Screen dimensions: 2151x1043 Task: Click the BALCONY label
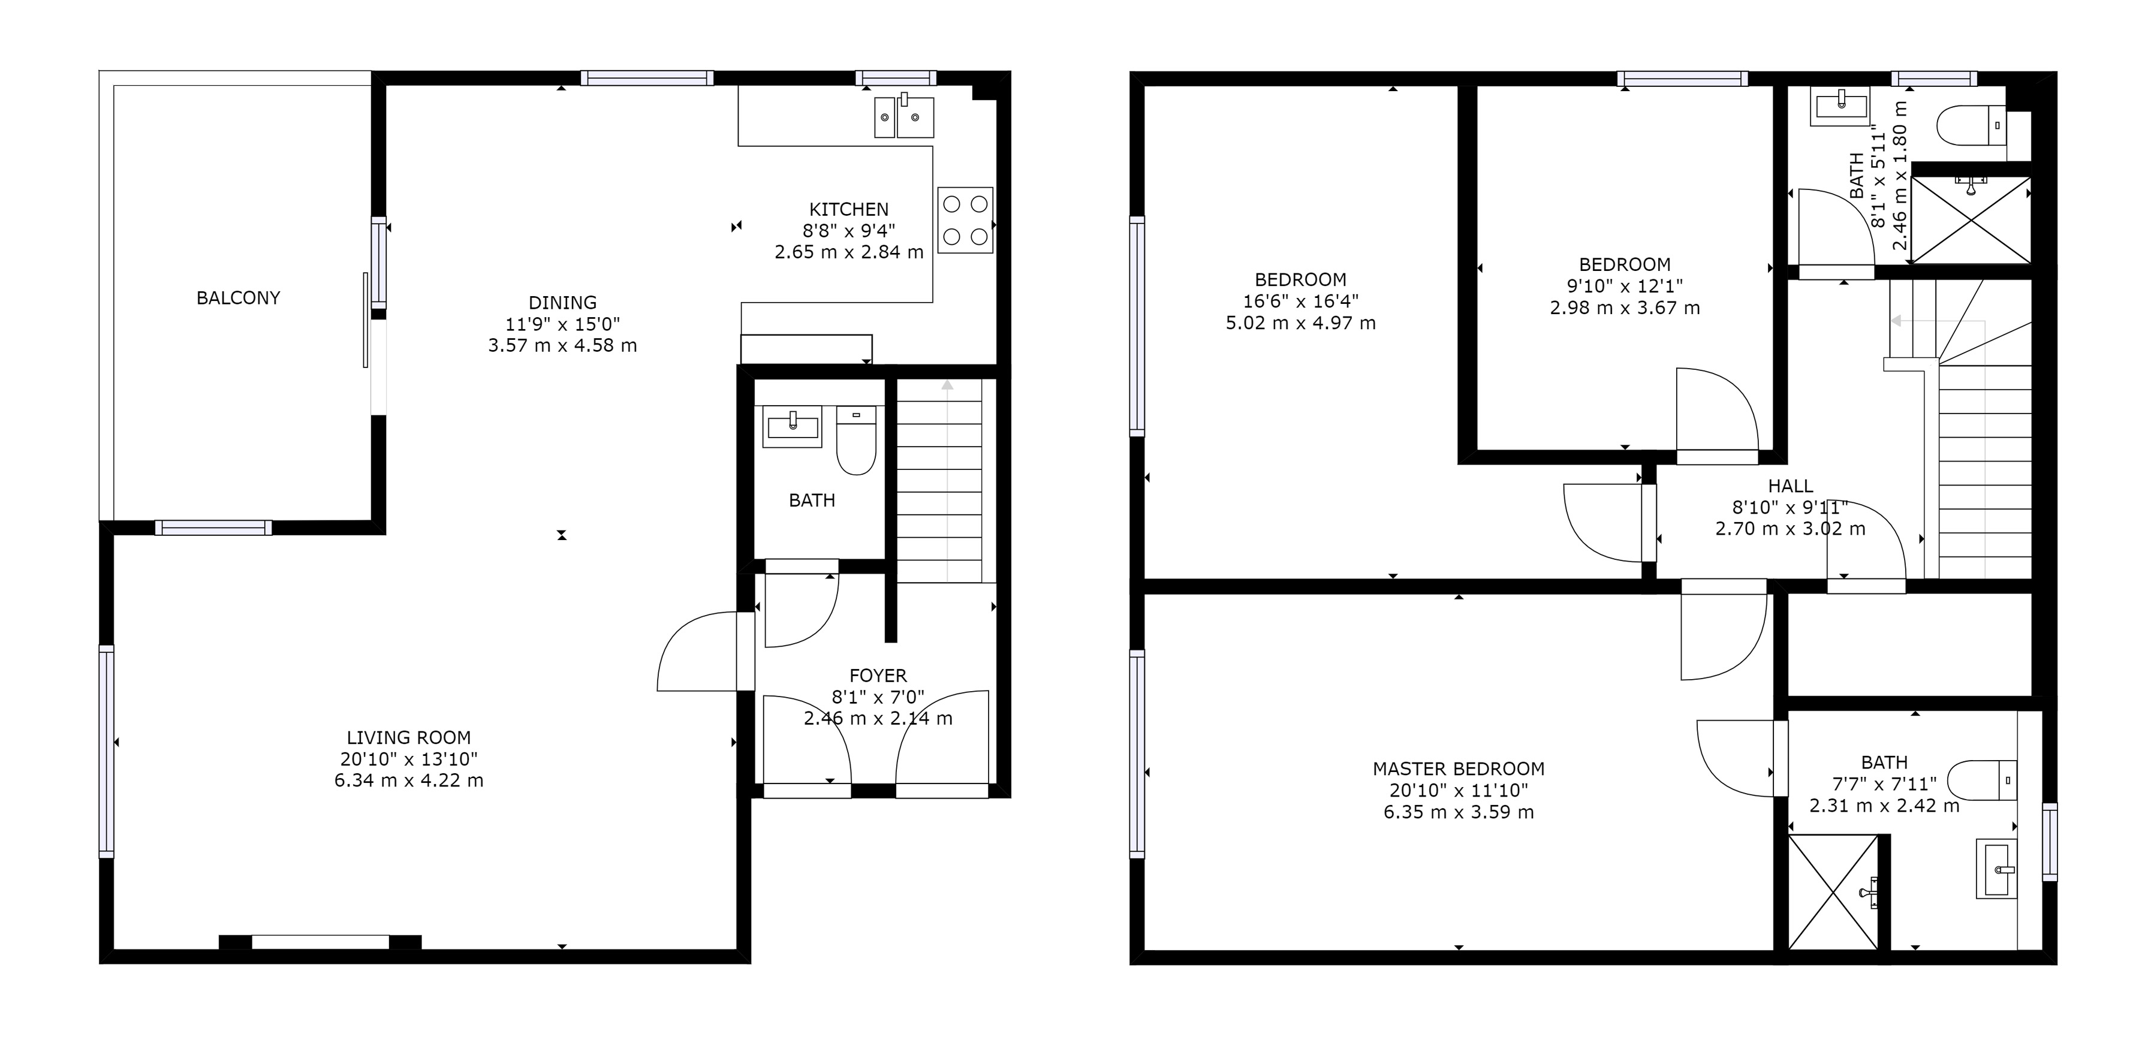click(x=238, y=298)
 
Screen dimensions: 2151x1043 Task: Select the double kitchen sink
click(x=904, y=116)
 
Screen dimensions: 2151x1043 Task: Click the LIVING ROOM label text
click(x=408, y=737)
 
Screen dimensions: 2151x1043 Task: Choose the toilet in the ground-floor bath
click(x=856, y=440)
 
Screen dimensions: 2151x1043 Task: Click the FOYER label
click(x=878, y=676)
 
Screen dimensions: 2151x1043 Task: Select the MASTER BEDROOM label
click(x=1459, y=769)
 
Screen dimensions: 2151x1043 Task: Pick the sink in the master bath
click(x=1996, y=869)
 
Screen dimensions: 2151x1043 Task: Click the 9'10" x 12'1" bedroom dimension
click(x=1625, y=285)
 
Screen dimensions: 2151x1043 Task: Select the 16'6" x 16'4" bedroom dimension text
click(x=1300, y=301)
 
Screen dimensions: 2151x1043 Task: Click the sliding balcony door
click(x=366, y=320)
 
